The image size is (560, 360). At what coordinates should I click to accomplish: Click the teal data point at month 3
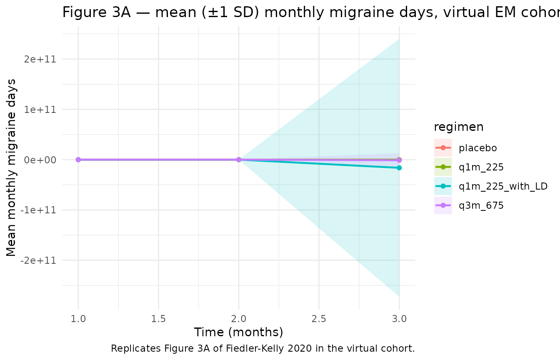[399, 167]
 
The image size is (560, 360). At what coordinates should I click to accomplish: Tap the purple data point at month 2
[239, 160]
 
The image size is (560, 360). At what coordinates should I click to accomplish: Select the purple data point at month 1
[78, 160]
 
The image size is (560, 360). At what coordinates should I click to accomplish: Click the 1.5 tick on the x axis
[158, 319]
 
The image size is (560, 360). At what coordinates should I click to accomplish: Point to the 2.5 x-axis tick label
[319, 319]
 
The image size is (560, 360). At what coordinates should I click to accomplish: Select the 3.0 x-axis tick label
[399, 319]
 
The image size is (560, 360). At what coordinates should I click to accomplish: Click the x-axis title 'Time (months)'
[239, 332]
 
